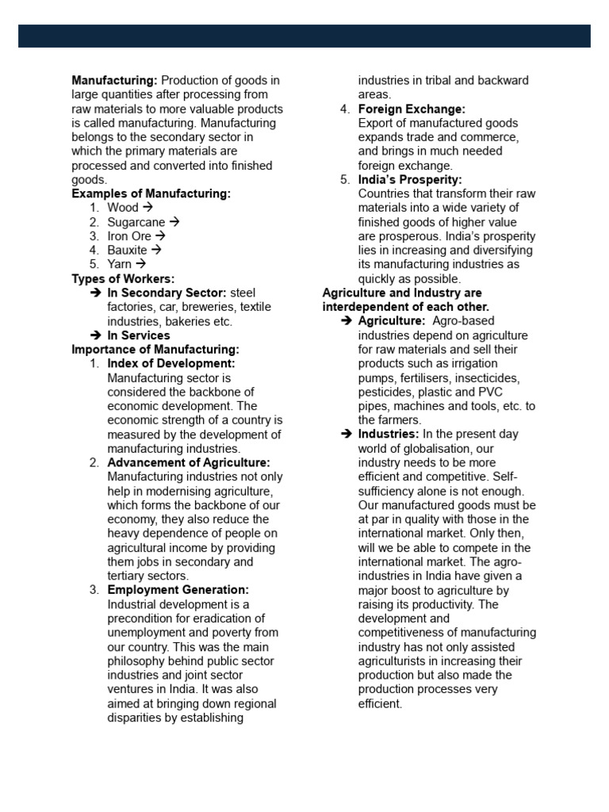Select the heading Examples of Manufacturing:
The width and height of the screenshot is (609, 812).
[x=151, y=194]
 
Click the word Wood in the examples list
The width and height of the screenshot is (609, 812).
[x=123, y=209]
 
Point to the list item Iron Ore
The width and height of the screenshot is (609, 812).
[x=128, y=236]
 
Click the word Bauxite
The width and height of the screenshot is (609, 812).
[x=127, y=251]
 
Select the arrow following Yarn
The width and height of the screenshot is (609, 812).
[x=140, y=265]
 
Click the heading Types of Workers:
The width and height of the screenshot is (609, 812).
[x=123, y=279]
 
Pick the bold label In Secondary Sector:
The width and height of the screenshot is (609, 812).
[x=167, y=293]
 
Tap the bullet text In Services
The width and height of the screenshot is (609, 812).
[x=139, y=335]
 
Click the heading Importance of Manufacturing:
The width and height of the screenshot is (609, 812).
[x=155, y=350]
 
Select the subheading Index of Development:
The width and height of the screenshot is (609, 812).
[x=171, y=364]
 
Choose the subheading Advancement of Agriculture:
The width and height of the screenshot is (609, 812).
[x=189, y=462]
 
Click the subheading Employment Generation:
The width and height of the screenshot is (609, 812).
[x=178, y=590]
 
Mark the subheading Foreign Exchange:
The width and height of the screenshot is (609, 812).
[x=412, y=109]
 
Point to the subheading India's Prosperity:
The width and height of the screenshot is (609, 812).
[x=410, y=180]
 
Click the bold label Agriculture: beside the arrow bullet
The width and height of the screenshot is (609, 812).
[x=392, y=321]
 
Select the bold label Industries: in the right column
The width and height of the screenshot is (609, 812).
[x=389, y=435]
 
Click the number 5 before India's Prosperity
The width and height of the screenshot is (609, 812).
[x=343, y=180]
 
